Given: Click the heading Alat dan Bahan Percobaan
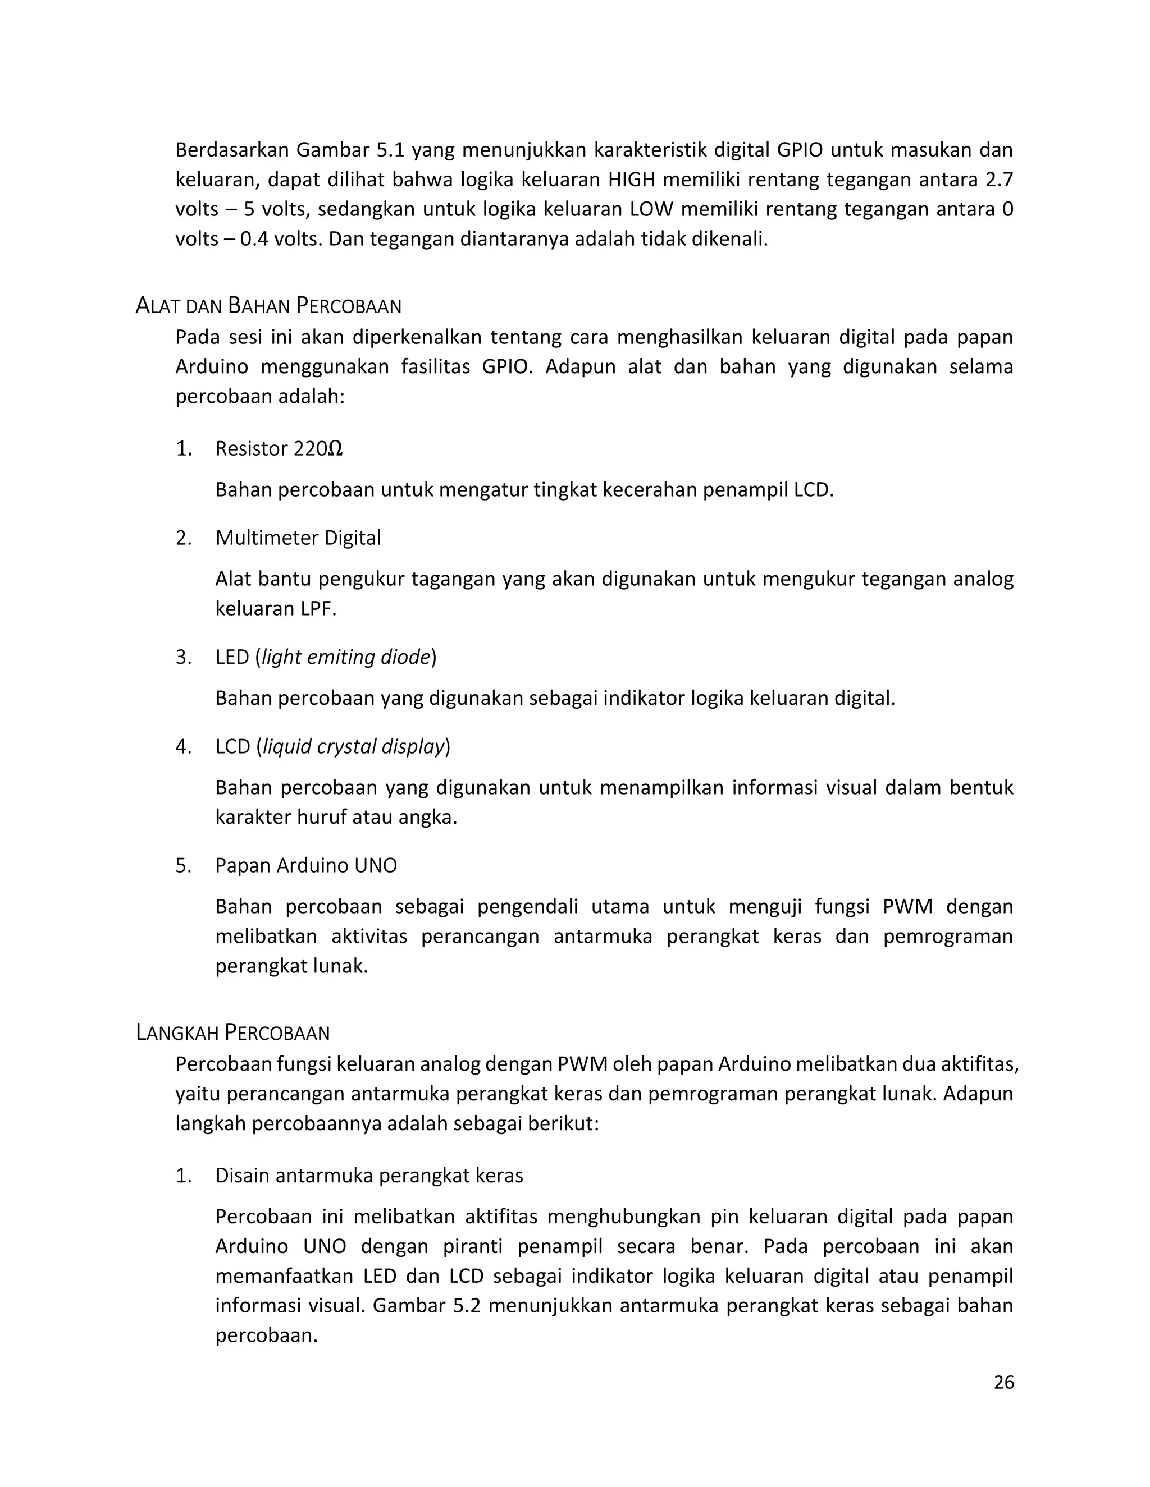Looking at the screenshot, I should click(x=268, y=306).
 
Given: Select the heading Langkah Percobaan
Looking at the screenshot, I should click(x=232, y=1033).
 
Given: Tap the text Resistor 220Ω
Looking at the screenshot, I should click(x=279, y=449).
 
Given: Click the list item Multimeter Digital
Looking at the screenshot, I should click(x=298, y=538).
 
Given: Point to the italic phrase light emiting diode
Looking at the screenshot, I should click(x=346, y=657).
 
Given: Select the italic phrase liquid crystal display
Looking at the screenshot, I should click(x=354, y=747).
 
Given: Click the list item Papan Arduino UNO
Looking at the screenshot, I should click(x=306, y=865).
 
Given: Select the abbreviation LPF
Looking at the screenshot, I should click(x=317, y=609).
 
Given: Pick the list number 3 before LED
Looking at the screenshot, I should click(x=182, y=657).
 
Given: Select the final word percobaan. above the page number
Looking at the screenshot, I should click(x=266, y=1335).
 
